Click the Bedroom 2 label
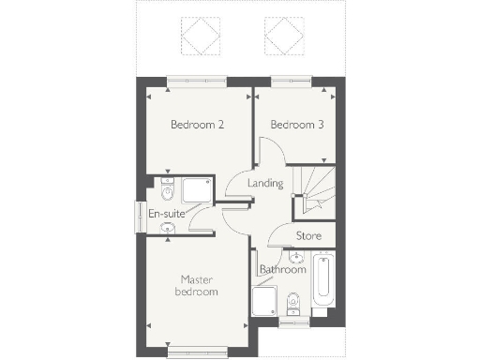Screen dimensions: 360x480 [196, 125]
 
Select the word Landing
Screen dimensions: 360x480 [265, 183]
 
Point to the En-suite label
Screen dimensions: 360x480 [167, 214]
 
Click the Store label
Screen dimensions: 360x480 [308, 235]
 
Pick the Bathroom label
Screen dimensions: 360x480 [283, 270]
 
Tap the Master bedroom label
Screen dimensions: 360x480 [197, 285]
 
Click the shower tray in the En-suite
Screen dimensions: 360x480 [197, 190]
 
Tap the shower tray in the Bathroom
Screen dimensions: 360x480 [265, 303]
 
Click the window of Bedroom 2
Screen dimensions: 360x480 [198, 81]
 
